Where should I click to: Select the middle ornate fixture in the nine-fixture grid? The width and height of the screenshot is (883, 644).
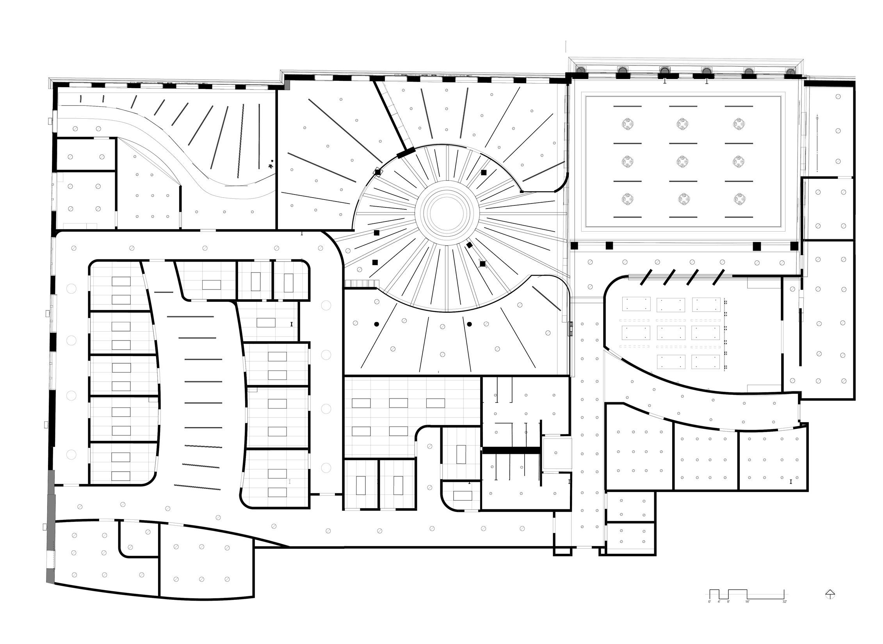click(683, 162)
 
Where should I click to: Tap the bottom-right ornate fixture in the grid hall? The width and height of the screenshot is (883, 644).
click(738, 199)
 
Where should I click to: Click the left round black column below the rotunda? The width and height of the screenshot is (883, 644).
click(376, 324)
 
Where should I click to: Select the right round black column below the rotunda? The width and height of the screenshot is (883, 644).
click(469, 324)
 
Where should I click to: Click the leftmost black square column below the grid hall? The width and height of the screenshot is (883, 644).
click(574, 246)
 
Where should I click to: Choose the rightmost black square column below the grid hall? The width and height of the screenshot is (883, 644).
click(794, 246)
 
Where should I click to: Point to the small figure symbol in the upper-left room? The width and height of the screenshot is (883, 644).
click(271, 166)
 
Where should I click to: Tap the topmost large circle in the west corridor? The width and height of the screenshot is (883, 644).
click(71, 289)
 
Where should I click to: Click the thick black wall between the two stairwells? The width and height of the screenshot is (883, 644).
click(511, 450)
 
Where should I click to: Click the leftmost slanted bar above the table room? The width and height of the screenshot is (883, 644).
click(644, 277)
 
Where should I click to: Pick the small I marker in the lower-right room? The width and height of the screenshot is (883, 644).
click(791, 482)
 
